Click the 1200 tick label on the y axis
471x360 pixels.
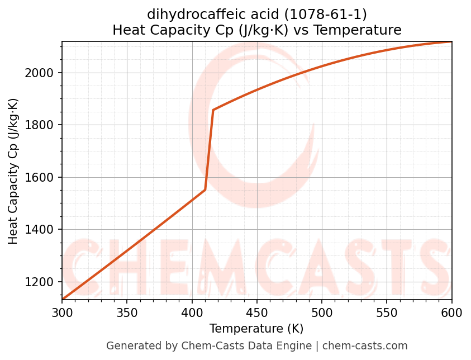(x=42, y=282)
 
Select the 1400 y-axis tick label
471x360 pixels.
(x=42, y=230)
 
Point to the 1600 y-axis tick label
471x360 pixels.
(x=42, y=177)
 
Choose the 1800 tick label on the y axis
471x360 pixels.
(x=42, y=125)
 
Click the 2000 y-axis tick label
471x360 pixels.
(x=42, y=73)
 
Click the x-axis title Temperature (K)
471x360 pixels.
(x=256, y=328)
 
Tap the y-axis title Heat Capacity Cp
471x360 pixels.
(x=13, y=171)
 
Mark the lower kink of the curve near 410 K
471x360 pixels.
(x=205, y=190)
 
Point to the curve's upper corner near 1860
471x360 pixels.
(x=213, y=110)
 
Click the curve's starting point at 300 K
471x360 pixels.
(x=63, y=300)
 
